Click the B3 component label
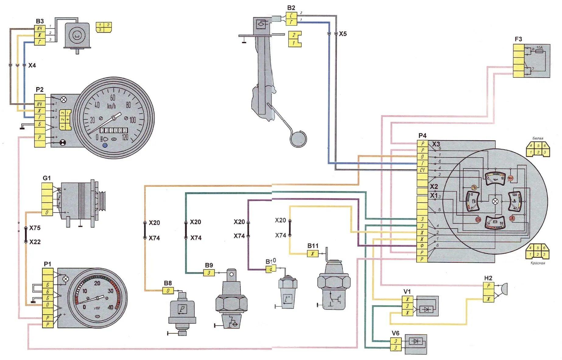tap(40, 21)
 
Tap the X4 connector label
tap(32, 65)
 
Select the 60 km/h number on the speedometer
tap(113, 98)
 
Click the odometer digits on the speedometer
tap(114, 130)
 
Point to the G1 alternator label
tap(47, 178)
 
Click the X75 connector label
tap(35, 228)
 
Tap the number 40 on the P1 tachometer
tap(110, 307)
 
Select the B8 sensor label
tap(168, 283)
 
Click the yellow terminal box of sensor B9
tap(209, 273)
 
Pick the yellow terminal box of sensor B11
tap(313, 254)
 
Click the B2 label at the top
tap(291, 8)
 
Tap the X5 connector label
tap(343, 34)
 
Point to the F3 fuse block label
tap(518, 39)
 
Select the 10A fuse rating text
tap(539, 48)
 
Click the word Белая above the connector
tap(538, 138)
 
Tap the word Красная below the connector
tap(538, 263)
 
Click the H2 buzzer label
tap(488, 278)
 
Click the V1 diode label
tap(407, 291)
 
